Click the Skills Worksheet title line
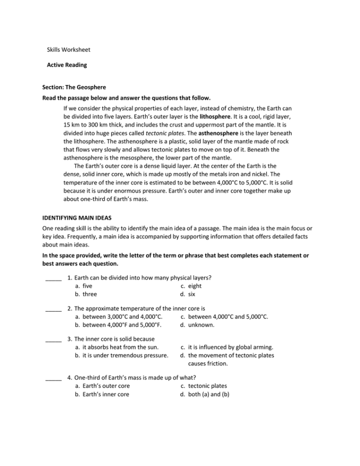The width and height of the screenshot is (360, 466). tap(68, 49)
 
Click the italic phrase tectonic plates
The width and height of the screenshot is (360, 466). tap(163, 133)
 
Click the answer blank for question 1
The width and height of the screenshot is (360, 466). tap(53, 278)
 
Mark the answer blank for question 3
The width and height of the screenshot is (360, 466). tap(53, 339)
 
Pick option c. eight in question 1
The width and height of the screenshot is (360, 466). tap(191, 286)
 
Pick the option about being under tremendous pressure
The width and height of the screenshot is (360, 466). tap(121, 356)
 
